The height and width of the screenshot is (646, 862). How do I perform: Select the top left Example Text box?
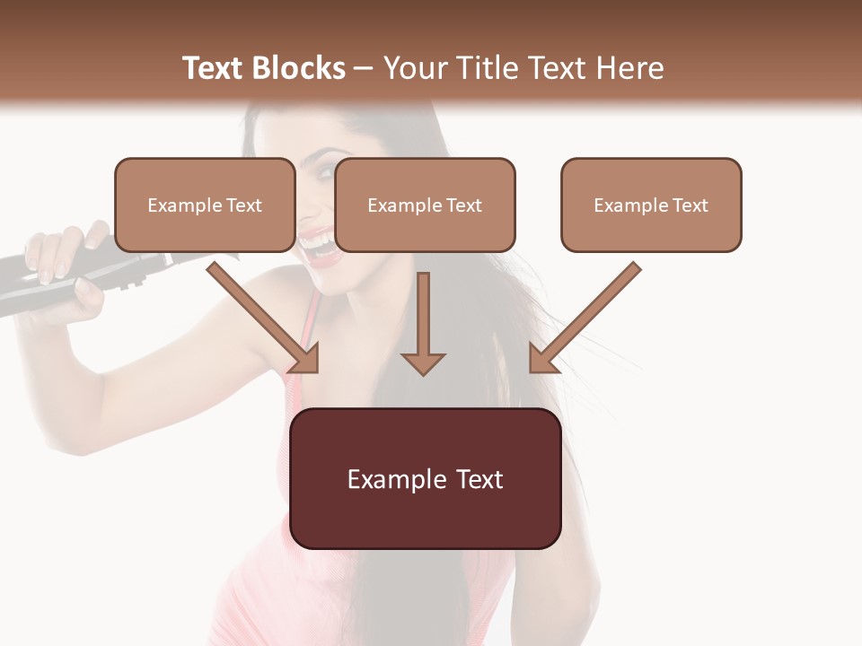coord(205,205)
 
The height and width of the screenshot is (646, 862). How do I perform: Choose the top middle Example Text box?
coord(425,205)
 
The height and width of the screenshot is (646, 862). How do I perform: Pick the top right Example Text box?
coord(651,205)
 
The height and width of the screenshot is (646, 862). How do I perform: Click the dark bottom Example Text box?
coord(425,478)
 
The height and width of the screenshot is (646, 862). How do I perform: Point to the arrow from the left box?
coord(260,314)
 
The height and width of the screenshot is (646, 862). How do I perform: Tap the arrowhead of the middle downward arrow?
coord(423,362)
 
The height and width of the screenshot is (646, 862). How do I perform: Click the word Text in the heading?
coord(214,68)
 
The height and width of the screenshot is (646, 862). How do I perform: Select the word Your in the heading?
coord(411,68)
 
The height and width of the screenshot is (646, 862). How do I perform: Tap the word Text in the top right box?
coord(690,205)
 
